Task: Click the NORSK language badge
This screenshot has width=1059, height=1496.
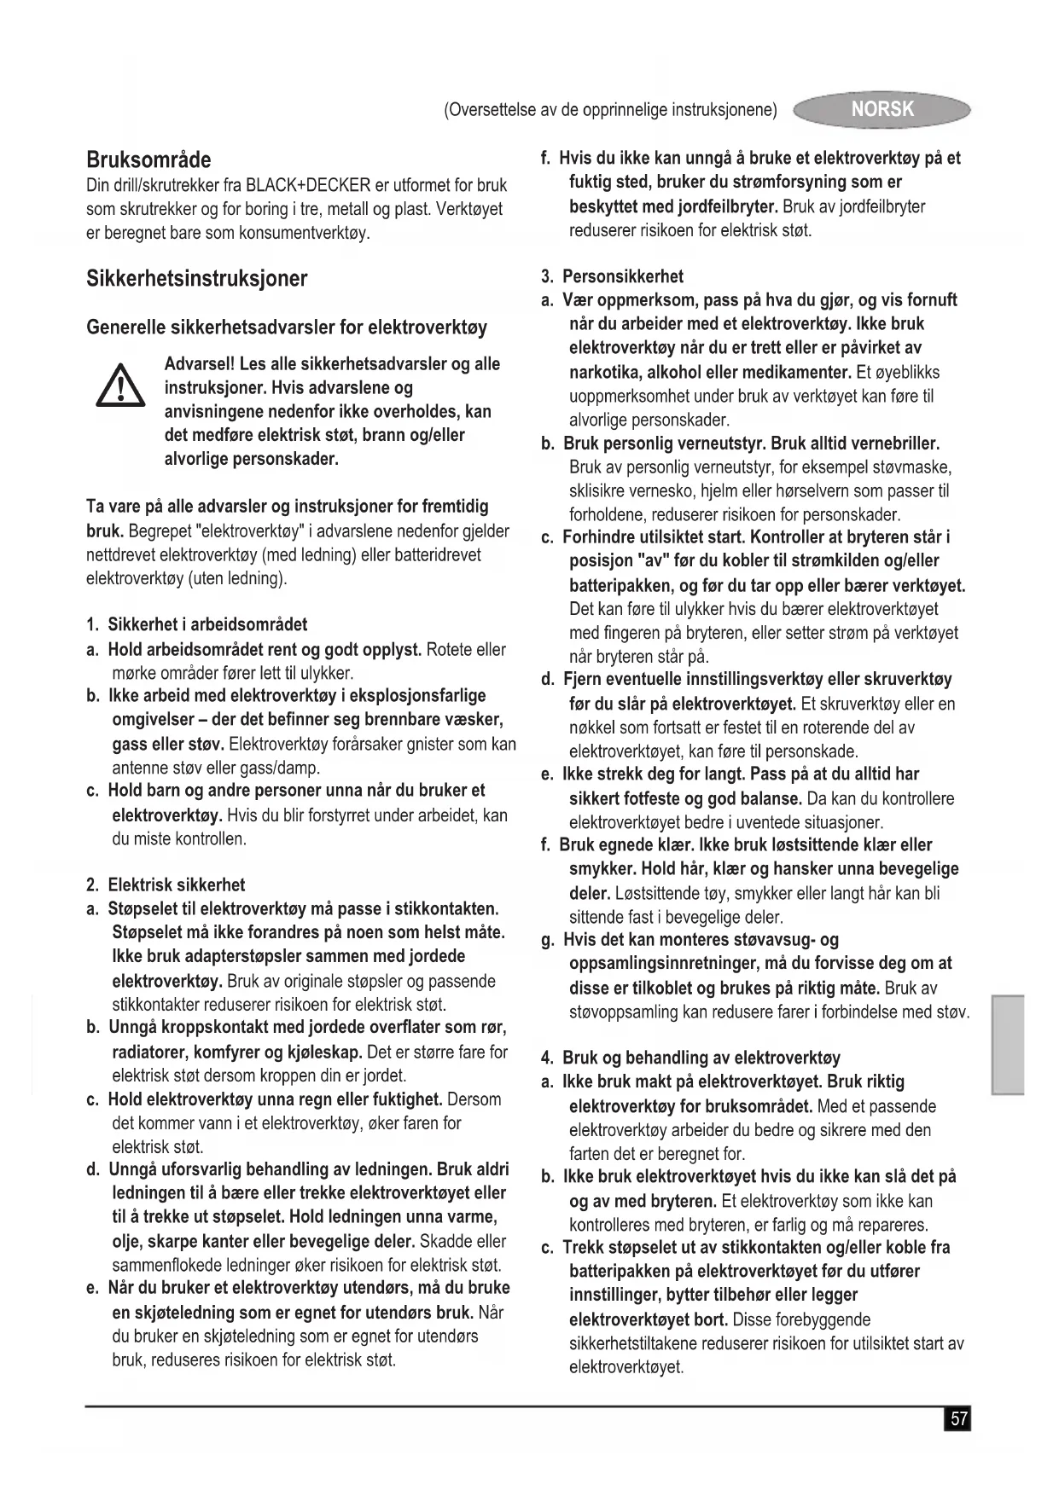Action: [882, 109]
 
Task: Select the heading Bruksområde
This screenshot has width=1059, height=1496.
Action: [148, 159]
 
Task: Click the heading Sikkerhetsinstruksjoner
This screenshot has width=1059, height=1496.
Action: [196, 279]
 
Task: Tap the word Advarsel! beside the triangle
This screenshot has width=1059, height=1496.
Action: [200, 364]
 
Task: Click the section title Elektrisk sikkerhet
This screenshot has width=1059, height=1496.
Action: [176, 884]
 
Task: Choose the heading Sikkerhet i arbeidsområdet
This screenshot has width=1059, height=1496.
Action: [207, 624]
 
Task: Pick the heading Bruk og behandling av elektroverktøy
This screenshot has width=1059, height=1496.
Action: [701, 1058]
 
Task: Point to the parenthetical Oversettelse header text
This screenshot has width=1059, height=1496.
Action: [610, 110]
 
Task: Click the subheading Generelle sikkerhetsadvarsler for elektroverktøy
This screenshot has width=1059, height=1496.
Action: [287, 328]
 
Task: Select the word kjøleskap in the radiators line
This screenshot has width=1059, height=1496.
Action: [328, 1052]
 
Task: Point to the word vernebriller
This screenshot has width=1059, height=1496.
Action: [892, 444]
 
